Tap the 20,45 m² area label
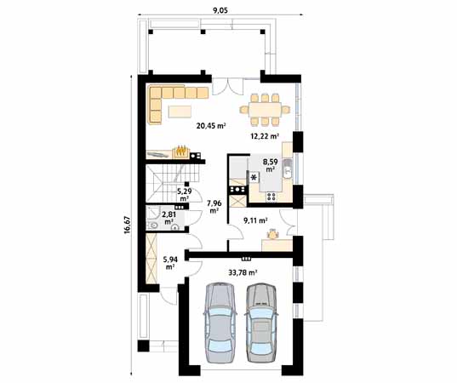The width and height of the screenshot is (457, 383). pos(210,126)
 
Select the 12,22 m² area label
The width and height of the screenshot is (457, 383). pos(264,135)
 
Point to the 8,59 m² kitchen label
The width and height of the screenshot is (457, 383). pos(270,164)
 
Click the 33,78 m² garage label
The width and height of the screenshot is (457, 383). pos(243,273)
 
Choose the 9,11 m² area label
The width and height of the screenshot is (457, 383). pos(255,220)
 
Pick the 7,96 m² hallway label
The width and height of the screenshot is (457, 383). pos(214,205)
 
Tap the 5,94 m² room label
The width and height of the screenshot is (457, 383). pos(170,263)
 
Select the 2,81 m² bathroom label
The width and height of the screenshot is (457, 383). pos(169,218)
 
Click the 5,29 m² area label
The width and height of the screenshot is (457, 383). pos(183,195)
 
